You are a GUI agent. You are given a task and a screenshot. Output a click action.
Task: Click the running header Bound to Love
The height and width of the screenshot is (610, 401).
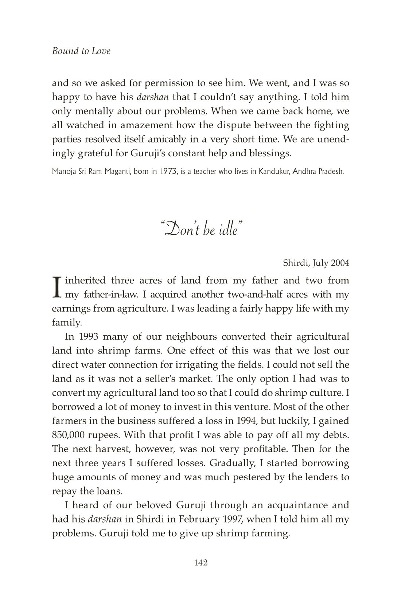tap(81, 51)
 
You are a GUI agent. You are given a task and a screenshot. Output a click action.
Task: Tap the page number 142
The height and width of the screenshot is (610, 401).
tap(200, 563)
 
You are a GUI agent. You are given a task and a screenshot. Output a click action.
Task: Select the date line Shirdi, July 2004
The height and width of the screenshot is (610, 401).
tap(316, 263)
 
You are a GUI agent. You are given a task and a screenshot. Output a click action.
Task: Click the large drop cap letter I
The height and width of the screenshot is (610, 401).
tap(57, 288)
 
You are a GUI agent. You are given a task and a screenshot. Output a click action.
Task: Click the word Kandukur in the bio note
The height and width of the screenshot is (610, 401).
tap(273, 171)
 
